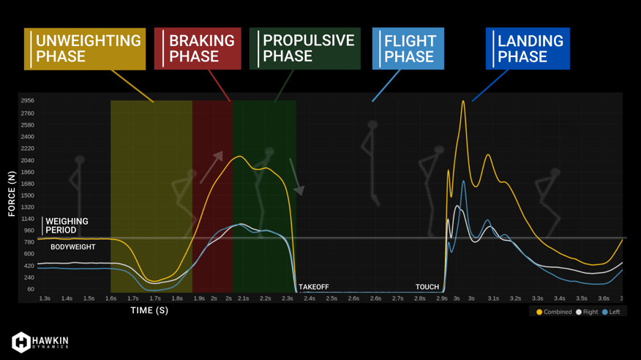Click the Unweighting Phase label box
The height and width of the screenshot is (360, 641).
(85, 48)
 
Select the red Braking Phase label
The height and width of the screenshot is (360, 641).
(198, 48)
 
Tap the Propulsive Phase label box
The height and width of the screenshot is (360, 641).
(305, 48)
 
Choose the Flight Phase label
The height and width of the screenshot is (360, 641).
(408, 48)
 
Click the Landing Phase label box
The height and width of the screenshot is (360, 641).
(528, 48)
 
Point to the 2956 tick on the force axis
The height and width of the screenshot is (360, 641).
(27, 100)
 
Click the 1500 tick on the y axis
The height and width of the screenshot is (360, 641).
(27, 195)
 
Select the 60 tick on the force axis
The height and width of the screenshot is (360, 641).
(31, 289)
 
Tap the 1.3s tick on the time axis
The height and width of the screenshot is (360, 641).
(45, 299)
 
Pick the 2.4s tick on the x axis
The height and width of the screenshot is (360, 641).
(310, 299)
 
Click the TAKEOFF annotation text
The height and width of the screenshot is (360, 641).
(314, 287)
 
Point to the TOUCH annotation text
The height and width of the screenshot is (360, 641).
(427, 287)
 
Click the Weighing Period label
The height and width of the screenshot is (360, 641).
(67, 225)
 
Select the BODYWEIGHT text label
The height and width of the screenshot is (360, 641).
(72, 247)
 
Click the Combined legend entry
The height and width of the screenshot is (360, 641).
(554, 312)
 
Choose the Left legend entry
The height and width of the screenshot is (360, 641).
(611, 312)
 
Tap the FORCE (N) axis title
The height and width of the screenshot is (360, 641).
(12, 194)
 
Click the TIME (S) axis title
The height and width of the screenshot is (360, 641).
(149, 310)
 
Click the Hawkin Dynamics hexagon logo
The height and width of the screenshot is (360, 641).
(20, 342)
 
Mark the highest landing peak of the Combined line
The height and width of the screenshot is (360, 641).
(463, 101)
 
